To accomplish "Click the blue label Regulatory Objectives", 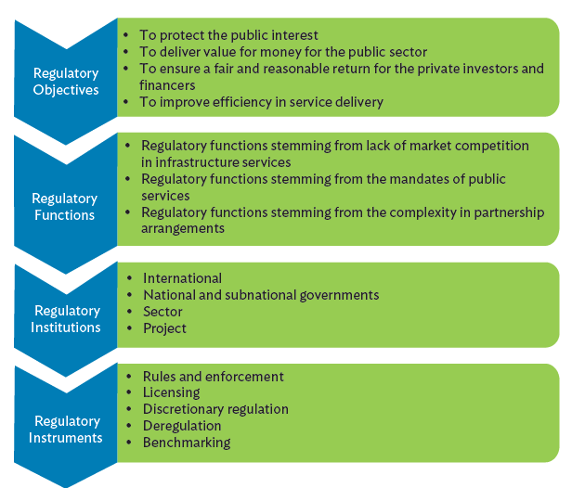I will pos(65,82).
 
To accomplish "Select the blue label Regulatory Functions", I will pos(64,206).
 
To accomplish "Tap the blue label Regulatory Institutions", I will pos(67,318).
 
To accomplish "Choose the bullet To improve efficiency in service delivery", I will pos(261,102).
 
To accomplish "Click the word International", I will pos(182,277).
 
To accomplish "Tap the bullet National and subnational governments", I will pos(261,294).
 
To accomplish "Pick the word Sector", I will pos(162,311).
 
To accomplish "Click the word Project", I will pos(164,327).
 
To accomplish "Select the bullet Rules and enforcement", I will pos(213,376).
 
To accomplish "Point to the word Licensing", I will pos(170,392).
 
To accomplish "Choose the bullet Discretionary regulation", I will pos(215,409).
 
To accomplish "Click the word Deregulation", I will pos(182,426).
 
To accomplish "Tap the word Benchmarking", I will pos(187,443).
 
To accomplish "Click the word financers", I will pos(168,85).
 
